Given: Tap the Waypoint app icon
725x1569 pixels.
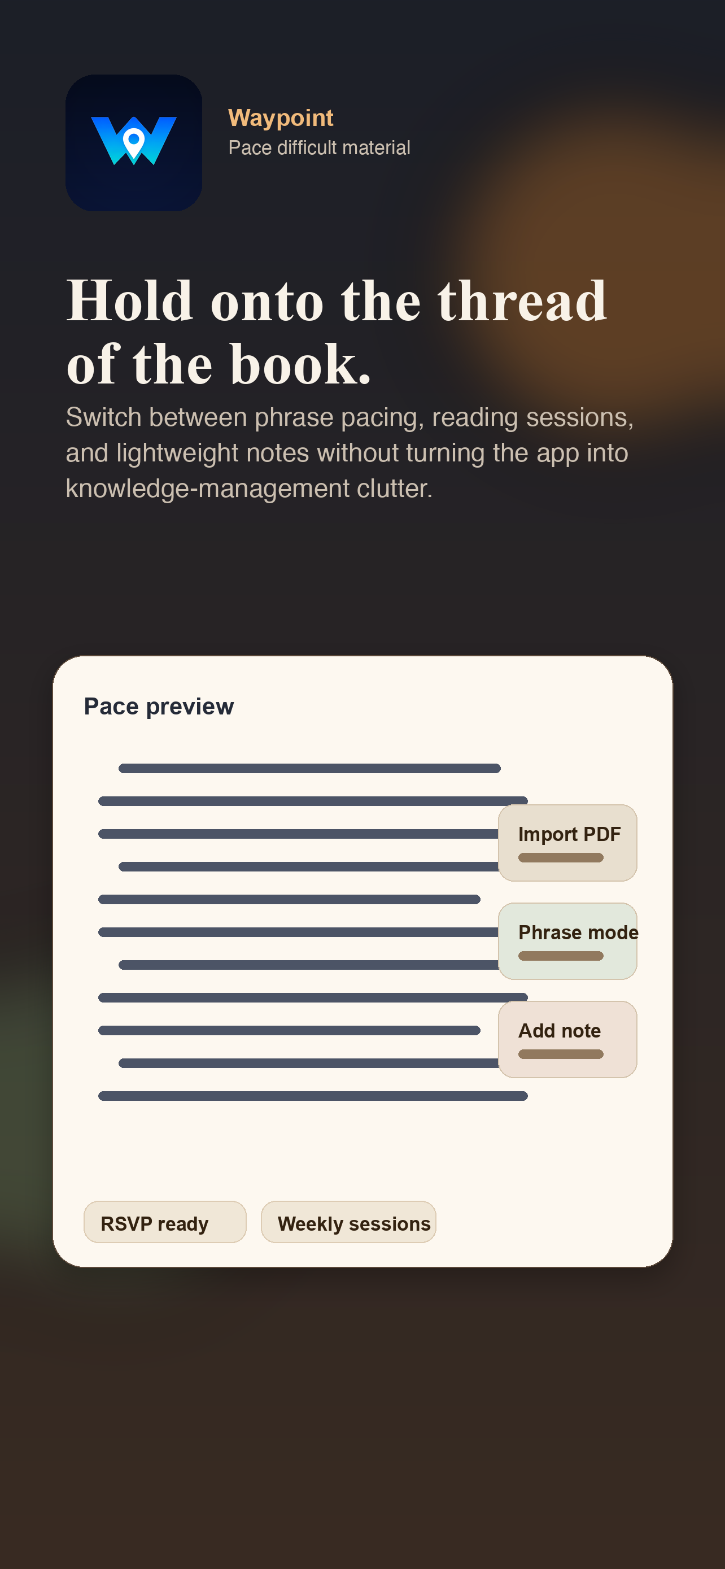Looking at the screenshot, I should click(133, 143).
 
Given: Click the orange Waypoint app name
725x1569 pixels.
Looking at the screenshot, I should click(281, 117).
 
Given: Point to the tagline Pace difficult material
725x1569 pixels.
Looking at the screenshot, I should click(319, 148).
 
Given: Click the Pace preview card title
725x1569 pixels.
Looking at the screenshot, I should click(159, 707).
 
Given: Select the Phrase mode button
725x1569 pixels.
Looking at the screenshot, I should click(567, 940).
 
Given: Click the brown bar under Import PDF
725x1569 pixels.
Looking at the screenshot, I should click(561, 857).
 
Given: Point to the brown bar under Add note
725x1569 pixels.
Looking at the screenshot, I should click(561, 1054).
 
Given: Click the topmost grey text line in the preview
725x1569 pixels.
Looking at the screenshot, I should click(309, 769).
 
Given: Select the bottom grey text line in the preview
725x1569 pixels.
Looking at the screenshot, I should click(313, 1096).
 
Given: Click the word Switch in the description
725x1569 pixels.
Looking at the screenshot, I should click(103, 418).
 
